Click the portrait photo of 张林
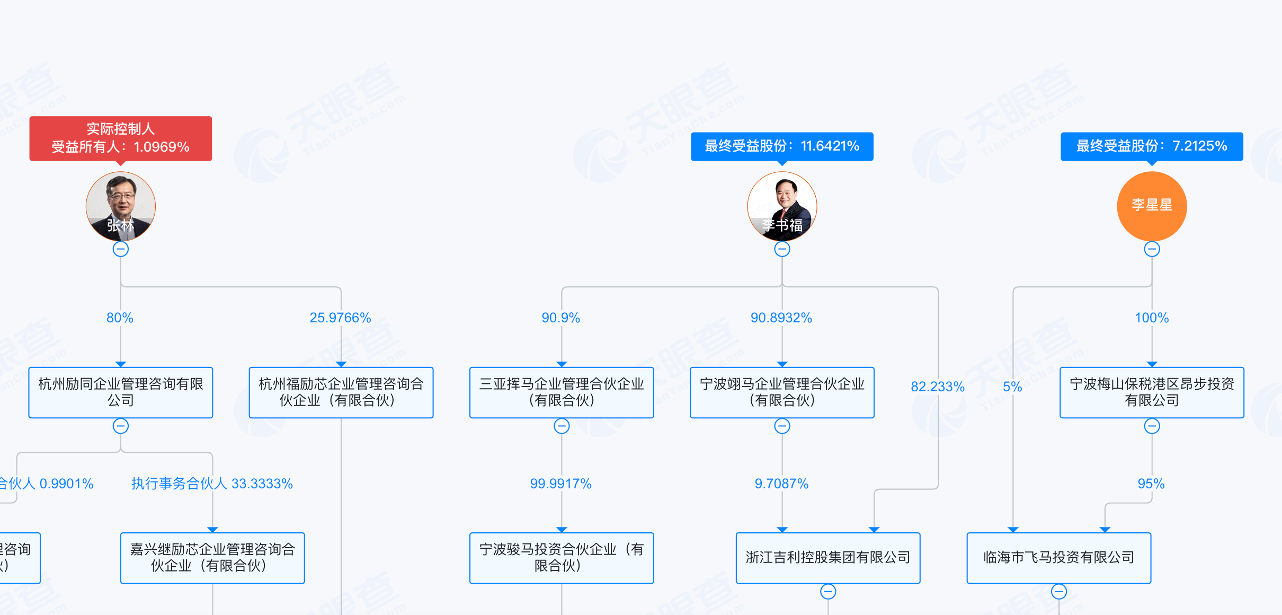(121, 206)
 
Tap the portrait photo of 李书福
(782, 206)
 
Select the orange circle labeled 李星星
(1152, 206)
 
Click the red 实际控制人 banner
(121, 138)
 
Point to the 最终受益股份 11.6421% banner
(782, 146)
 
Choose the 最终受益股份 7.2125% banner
(1152, 146)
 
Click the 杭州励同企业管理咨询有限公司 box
(121, 392)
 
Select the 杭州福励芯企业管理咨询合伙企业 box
(341, 392)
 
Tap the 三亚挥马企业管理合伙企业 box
(562, 392)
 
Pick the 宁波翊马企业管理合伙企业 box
(782, 392)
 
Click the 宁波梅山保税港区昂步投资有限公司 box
(1152, 392)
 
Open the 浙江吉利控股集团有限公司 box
(828, 558)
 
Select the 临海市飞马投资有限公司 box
(1059, 558)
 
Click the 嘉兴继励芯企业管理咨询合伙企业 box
(212, 558)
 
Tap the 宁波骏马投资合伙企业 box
(562, 558)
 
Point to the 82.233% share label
(938, 386)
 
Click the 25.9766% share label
(340, 318)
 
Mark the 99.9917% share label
(561, 484)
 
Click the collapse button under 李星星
(1152, 249)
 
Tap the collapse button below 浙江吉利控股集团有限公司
(828, 591)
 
